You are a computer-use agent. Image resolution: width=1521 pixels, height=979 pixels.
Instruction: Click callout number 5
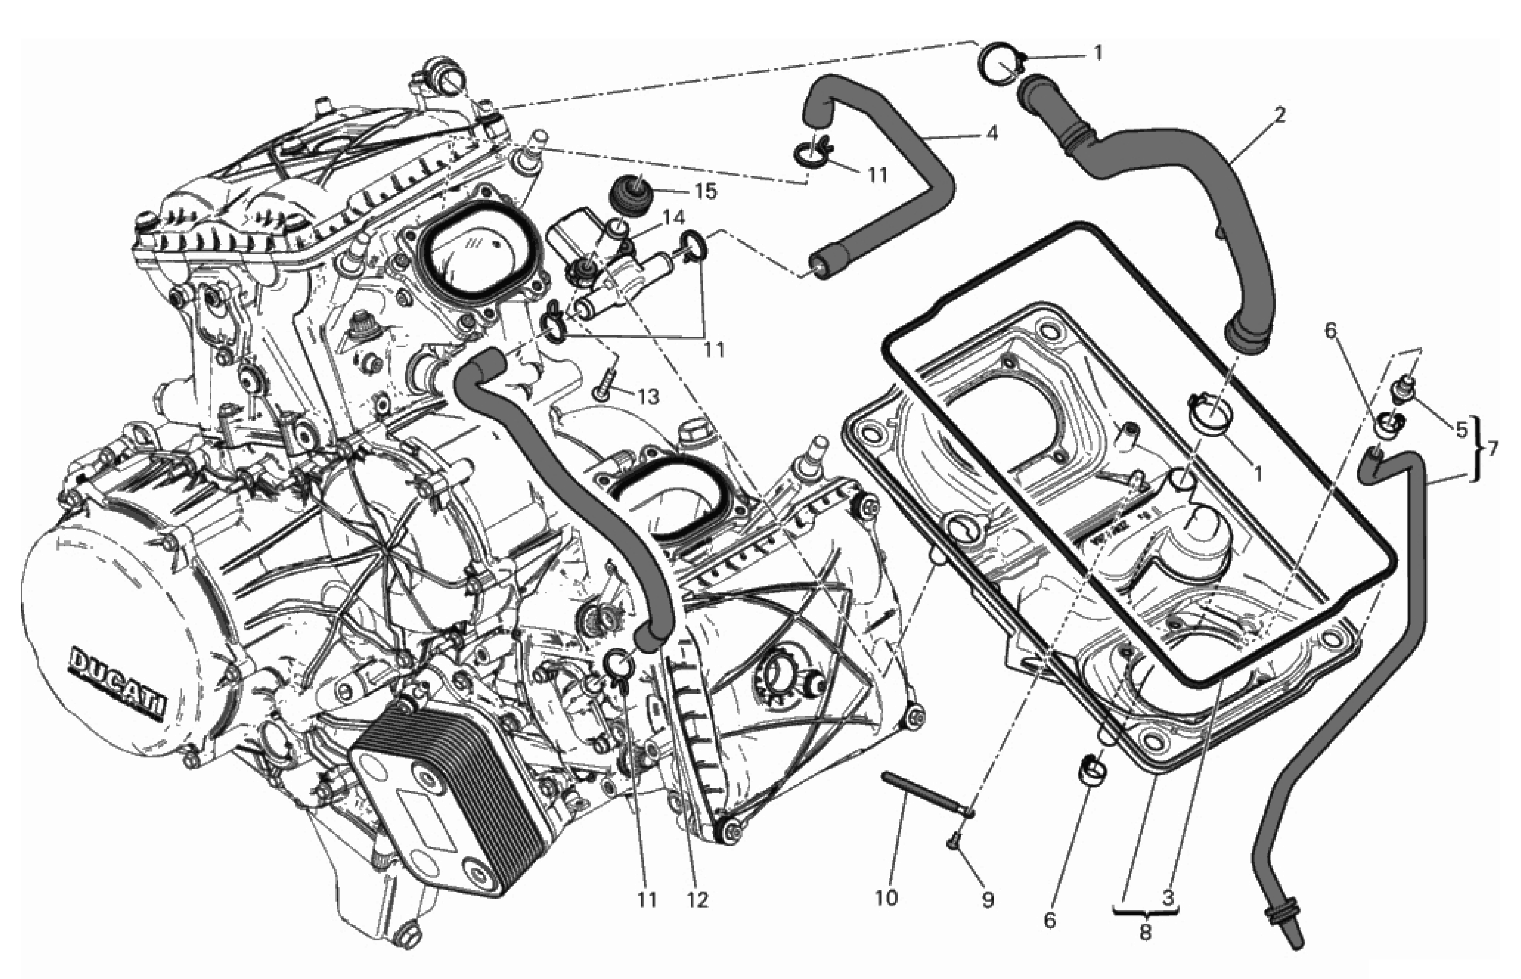point(1460,430)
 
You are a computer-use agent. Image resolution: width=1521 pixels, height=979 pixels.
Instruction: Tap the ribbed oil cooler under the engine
point(445,820)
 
